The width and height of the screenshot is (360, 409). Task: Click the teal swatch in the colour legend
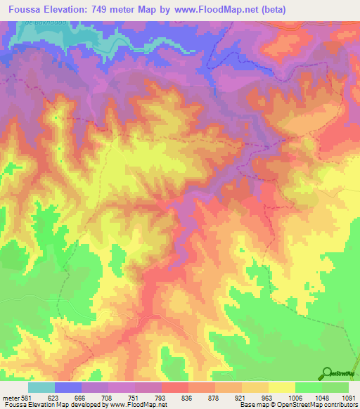point(41,387)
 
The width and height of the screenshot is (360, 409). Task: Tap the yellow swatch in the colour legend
point(281,387)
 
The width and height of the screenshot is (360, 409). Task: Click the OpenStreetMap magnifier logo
point(328,374)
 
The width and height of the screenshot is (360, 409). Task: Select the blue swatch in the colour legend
point(68,387)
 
